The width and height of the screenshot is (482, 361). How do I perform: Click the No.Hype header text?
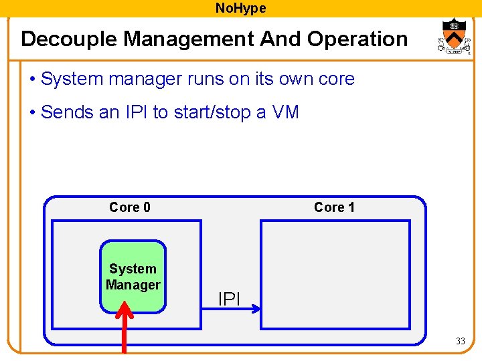pos(240,8)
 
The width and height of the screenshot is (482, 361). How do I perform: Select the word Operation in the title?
pos(357,39)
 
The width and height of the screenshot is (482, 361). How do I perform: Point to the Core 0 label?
pos(130,207)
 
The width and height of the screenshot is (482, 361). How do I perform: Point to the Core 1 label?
pos(334,207)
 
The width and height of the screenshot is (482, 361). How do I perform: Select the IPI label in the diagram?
pos(229,299)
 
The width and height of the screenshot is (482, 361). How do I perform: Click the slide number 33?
pos(460,342)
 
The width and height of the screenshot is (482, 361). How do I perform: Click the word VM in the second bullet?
pos(285,112)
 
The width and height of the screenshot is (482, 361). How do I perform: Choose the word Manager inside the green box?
pos(133,285)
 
